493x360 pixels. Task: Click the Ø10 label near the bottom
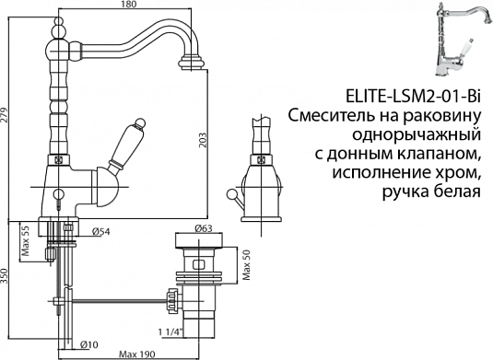(85, 343)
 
